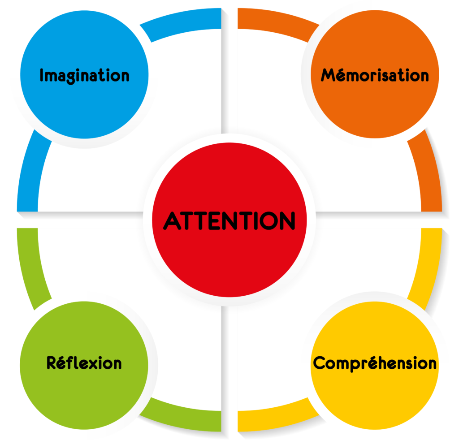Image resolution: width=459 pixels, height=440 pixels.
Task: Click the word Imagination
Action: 85,75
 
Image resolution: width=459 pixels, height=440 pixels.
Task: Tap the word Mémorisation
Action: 375,75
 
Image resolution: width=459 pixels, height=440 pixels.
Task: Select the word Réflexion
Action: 84,363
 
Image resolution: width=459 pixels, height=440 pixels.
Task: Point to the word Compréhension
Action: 375,363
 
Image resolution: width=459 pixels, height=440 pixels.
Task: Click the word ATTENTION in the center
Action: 229,220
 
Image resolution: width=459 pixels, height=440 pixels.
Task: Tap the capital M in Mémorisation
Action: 329,75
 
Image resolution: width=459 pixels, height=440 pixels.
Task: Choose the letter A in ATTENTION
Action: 172,220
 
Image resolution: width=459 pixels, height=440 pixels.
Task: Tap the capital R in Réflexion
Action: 52,363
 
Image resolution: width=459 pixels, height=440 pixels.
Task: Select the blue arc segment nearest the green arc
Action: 29,173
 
